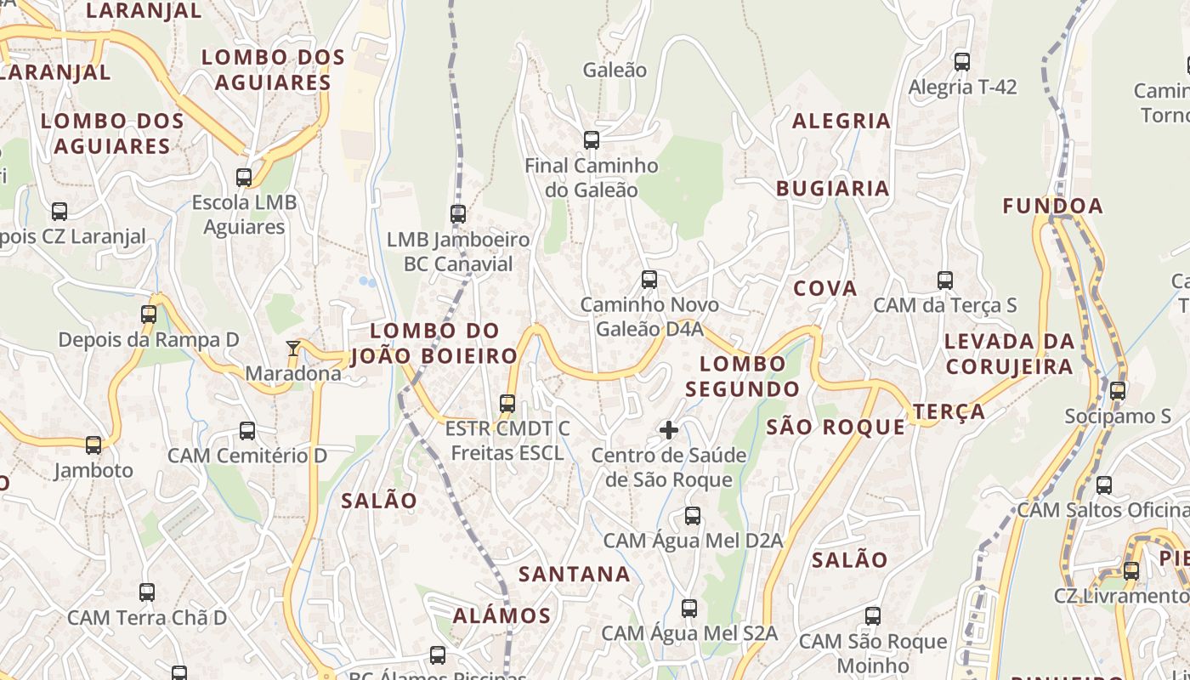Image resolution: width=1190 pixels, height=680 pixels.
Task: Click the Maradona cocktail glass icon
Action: point(293,348)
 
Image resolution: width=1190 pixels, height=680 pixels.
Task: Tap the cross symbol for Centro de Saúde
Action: point(669,430)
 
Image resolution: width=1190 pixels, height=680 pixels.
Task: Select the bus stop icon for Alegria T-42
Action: point(962,61)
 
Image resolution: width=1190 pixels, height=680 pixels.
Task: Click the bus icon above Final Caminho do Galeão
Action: point(592,139)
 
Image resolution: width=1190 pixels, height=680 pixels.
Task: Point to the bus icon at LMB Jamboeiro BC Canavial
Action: point(458,213)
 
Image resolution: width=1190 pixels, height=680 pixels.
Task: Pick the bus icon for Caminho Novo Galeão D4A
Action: point(649,279)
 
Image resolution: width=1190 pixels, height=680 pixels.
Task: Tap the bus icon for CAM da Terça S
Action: point(945,280)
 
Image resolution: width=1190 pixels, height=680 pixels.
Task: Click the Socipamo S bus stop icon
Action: point(1118,390)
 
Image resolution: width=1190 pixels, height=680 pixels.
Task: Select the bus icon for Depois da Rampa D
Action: point(149,314)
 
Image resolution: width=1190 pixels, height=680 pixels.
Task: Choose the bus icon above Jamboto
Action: point(93,445)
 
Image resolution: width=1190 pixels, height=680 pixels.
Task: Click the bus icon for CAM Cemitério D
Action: point(247,430)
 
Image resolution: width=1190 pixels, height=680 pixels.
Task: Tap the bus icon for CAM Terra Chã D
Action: point(147,592)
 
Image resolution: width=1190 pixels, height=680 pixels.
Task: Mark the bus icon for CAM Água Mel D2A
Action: point(693,515)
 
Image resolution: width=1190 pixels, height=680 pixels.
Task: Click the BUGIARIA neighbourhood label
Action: point(832,189)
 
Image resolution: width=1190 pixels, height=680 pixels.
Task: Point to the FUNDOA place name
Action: point(1052,206)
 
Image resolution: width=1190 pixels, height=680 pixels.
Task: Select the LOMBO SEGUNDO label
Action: point(742,377)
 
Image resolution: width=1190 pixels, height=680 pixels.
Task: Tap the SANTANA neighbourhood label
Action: point(575,574)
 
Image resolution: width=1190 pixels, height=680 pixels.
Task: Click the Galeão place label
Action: point(615,70)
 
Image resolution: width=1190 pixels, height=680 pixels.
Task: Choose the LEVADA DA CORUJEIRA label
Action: point(1010,354)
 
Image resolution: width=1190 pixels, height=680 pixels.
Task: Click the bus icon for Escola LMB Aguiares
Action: point(244,177)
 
